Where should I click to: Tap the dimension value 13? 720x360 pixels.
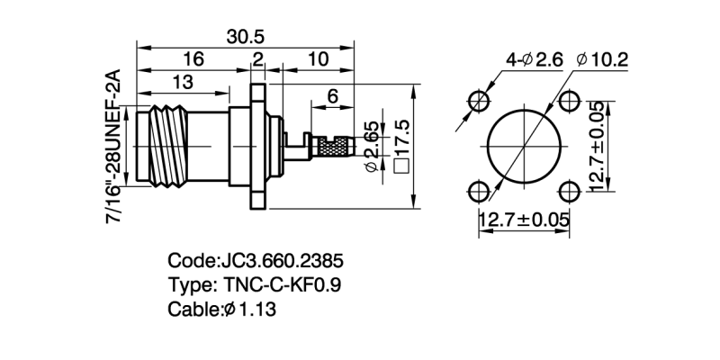click(x=183, y=83)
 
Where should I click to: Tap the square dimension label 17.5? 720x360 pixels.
click(x=401, y=146)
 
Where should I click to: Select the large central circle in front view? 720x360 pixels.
click(x=525, y=146)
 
